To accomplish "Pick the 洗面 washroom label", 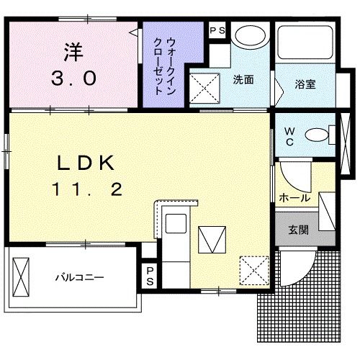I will click(x=243, y=80).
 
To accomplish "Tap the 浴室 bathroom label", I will click(x=305, y=84).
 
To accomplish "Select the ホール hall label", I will click(x=295, y=197).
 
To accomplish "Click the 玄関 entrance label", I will click(x=300, y=230).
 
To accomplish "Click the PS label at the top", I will click(x=217, y=30).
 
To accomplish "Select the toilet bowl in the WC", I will click(x=316, y=134).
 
